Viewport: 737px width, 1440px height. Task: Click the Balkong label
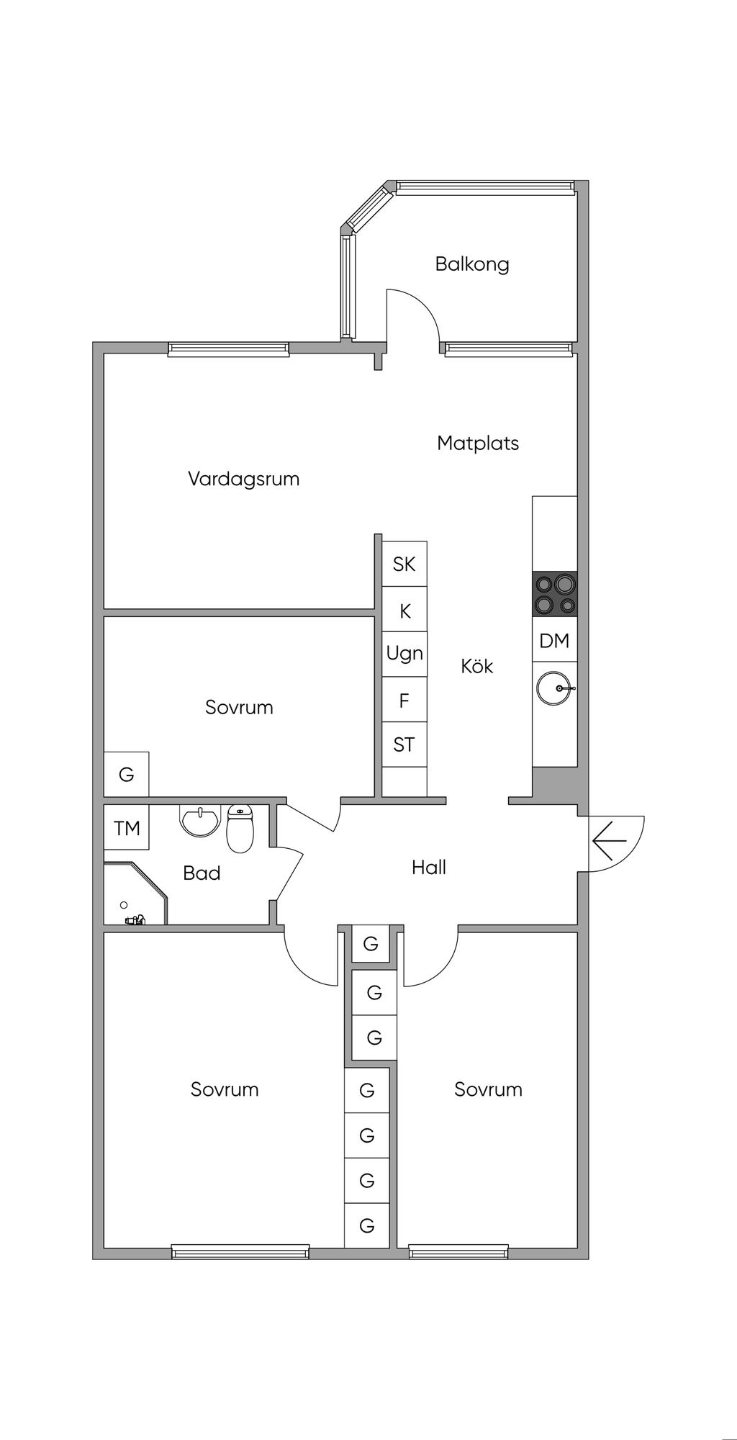(x=472, y=264)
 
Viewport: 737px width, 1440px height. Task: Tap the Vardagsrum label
(x=243, y=479)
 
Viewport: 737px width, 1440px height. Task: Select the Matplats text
(x=478, y=443)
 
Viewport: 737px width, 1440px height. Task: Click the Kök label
(x=477, y=666)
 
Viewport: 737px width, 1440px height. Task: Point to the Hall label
(x=429, y=868)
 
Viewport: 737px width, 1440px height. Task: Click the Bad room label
(x=202, y=873)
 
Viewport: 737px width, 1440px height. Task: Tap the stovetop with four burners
(x=554, y=594)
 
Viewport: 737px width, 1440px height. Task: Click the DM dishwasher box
(x=554, y=640)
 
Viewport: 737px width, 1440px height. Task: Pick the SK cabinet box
(x=404, y=564)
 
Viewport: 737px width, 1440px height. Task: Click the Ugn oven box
(x=404, y=654)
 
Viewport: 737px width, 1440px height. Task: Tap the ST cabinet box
(x=404, y=744)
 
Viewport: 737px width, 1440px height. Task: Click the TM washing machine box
(x=127, y=828)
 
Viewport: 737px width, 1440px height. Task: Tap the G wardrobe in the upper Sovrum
(x=127, y=775)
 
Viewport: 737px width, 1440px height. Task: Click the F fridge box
(x=404, y=700)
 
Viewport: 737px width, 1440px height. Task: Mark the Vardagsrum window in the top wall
(x=229, y=349)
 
